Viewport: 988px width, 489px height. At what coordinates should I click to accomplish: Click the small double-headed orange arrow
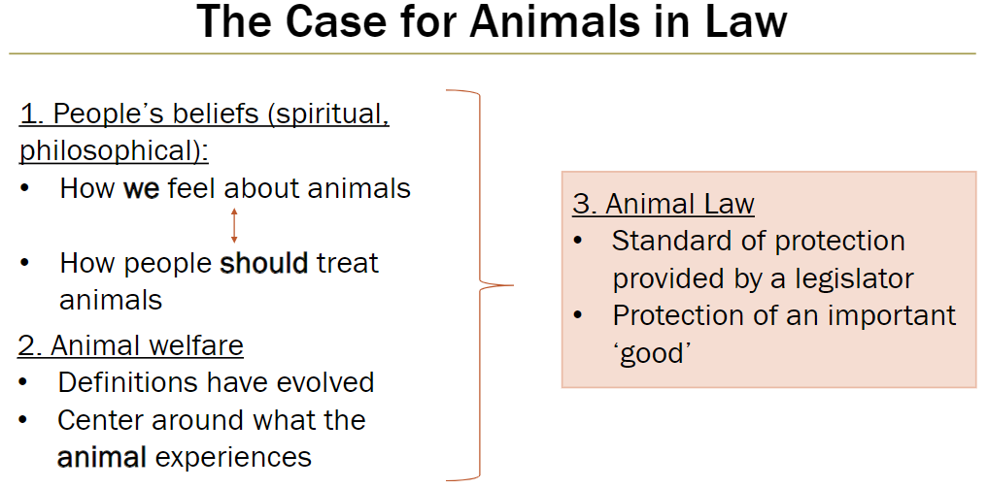click(x=233, y=225)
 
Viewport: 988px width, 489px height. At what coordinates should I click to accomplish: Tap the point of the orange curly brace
click(x=510, y=286)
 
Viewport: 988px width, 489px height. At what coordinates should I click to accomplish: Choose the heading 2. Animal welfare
click(x=131, y=344)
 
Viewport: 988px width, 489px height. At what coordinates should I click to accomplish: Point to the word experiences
click(x=233, y=457)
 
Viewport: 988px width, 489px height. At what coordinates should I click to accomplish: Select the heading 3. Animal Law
click(x=664, y=204)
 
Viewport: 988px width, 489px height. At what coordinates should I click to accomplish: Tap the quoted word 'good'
click(x=651, y=353)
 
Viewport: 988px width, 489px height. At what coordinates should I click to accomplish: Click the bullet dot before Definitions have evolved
click(x=25, y=383)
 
